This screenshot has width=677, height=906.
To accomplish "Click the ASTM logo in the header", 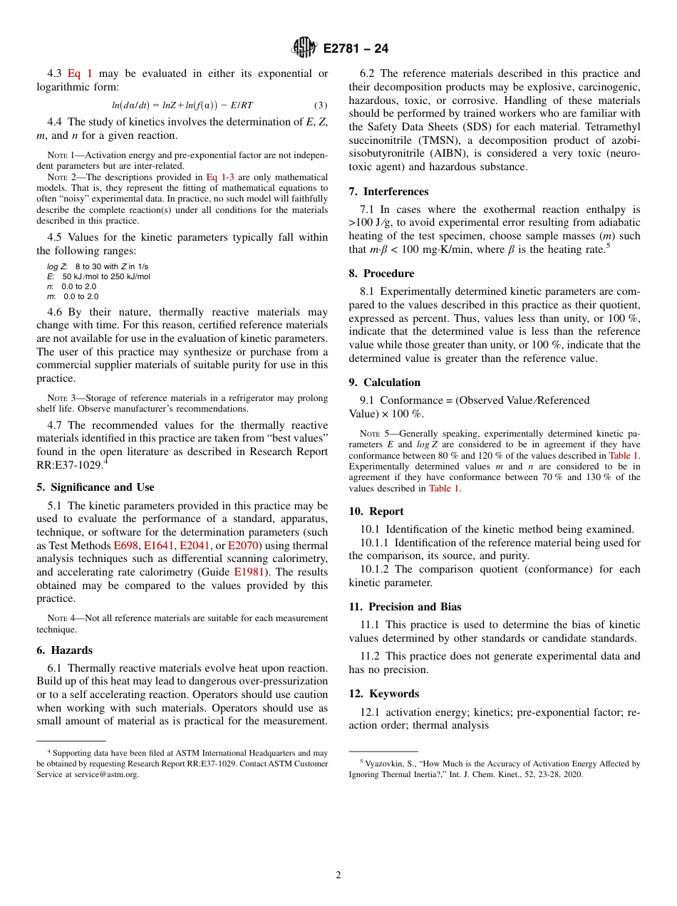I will click(305, 48).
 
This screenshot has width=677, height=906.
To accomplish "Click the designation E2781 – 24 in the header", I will click(356, 49).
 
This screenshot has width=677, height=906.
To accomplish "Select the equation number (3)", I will click(321, 105).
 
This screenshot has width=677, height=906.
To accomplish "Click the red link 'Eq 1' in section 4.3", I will click(79, 73).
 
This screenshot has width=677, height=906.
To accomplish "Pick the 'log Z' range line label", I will click(57, 266).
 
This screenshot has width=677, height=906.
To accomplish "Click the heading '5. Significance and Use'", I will click(95, 487).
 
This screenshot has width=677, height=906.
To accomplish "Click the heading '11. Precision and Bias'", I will click(405, 607).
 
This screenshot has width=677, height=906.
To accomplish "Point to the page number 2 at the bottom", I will click(338, 875).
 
